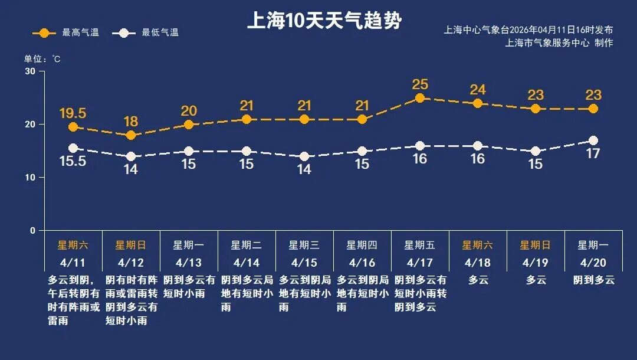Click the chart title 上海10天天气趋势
tap(324, 21)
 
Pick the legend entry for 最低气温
tap(147, 33)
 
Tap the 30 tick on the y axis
tap(30, 71)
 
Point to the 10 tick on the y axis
tap(30, 178)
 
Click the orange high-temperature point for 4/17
tap(420, 99)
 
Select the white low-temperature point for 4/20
tap(593, 140)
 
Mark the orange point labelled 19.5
tap(73, 127)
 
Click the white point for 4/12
tap(131, 156)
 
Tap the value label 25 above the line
tap(420, 84)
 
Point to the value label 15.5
tap(73, 161)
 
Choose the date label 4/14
tap(247, 263)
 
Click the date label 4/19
tap(536, 263)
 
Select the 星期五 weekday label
tap(420, 245)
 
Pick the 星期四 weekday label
tap(362, 245)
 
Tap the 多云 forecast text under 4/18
tap(478, 280)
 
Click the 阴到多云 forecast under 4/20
tap(593, 280)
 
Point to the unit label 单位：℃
tap(42, 59)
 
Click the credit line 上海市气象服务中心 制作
tap(559, 42)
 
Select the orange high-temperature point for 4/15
tap(304, 120)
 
